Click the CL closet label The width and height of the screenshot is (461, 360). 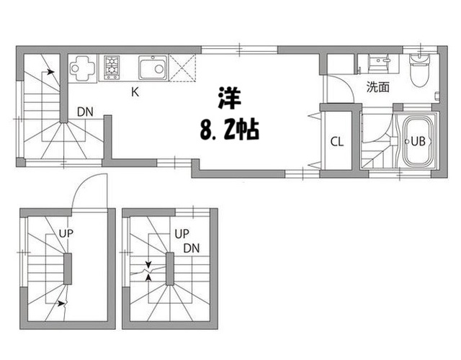click(x=336, y=141)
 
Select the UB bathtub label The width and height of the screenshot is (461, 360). click(x=417, y=141)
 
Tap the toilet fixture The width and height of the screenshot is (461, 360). click(x=417, y=68)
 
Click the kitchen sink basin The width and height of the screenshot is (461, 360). click(x=152, y=69)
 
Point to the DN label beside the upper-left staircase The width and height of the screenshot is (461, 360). click(x=85, y=112)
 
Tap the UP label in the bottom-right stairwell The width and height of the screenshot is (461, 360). click(x=182, y=234)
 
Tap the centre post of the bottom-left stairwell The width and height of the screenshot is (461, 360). click(x=68, y=269)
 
